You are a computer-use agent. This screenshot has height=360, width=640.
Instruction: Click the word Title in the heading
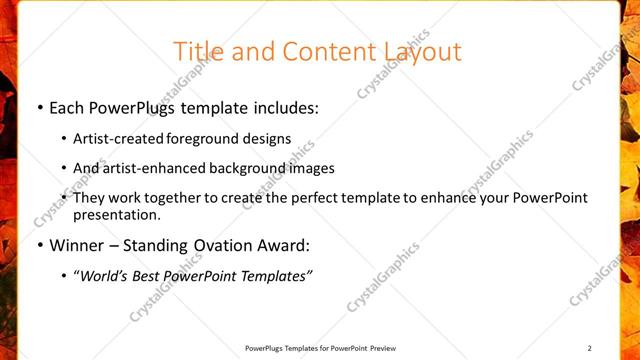point(196,51)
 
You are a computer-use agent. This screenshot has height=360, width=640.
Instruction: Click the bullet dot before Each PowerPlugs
point(39,108)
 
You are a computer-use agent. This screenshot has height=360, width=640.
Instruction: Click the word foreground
point(207,139)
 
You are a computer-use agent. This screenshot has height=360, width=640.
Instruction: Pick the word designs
point(269,139)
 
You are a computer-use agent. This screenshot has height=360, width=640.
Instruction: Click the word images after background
point(312,168)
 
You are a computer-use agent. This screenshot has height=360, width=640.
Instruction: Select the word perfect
point(316,198)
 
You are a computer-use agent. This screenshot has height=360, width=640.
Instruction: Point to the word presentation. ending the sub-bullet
point(117,214)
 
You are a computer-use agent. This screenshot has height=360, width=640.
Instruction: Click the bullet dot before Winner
point(39,245)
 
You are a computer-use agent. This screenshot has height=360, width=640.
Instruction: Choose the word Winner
point(75,245)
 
